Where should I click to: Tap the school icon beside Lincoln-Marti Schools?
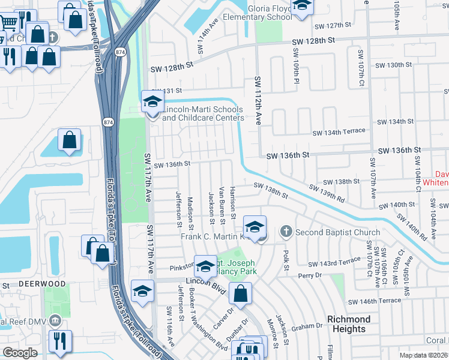152,101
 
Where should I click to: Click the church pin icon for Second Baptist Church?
286,232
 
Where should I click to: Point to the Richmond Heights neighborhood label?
348,324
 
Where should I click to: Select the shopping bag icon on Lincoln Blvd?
240,294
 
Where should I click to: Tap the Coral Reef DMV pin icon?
56,320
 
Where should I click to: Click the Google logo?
20,353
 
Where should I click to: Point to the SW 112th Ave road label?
259,101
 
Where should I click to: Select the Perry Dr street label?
310,276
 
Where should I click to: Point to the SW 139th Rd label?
327,193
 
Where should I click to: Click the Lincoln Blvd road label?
205,286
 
